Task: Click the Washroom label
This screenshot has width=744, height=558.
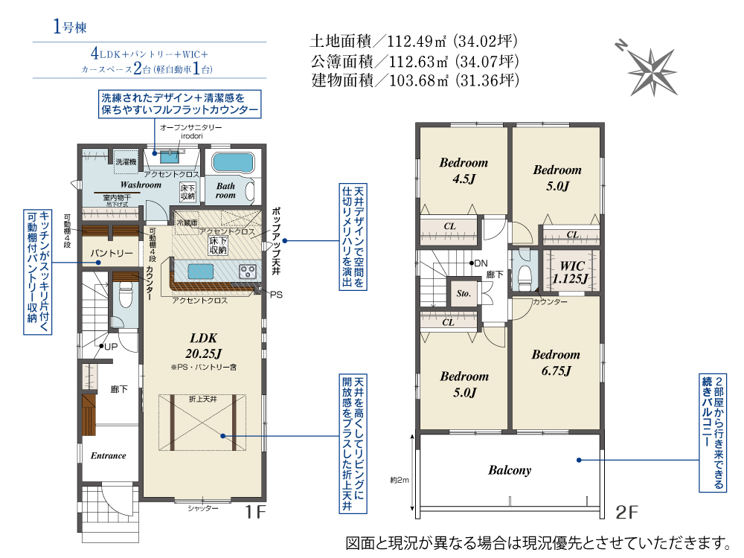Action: click(x=141, y=185)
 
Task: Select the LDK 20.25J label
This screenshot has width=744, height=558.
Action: click(x=204, y=345)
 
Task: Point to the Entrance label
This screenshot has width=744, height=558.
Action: click(x=108, y=455)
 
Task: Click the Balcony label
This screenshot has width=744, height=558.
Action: click(x=510, y=470)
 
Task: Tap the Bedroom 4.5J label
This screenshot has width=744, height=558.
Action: click(x=464, y=170)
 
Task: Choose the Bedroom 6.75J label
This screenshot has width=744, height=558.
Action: click(x=556, y=362)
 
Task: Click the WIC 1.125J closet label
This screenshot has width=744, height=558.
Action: click(x=571, y=272)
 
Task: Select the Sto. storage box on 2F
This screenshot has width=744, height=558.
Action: click(x=463, y=292)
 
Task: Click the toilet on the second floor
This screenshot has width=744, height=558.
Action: click(x=525, y=276)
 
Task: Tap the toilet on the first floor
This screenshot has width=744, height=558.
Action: click(x=126, y=294)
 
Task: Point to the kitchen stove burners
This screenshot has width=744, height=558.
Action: click(x=248, y=272)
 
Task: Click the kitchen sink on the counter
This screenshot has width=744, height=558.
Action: click(x=200, y=272)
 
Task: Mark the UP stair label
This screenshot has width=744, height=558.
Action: click(x=111, y=347)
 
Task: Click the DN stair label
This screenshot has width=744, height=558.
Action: click(x=481, y=263)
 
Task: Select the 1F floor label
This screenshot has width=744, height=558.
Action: click(x=254, y=513)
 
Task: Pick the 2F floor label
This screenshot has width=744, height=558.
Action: click(x=626, y=513)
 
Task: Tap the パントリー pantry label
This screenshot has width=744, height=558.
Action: click(x=112, y=253)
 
